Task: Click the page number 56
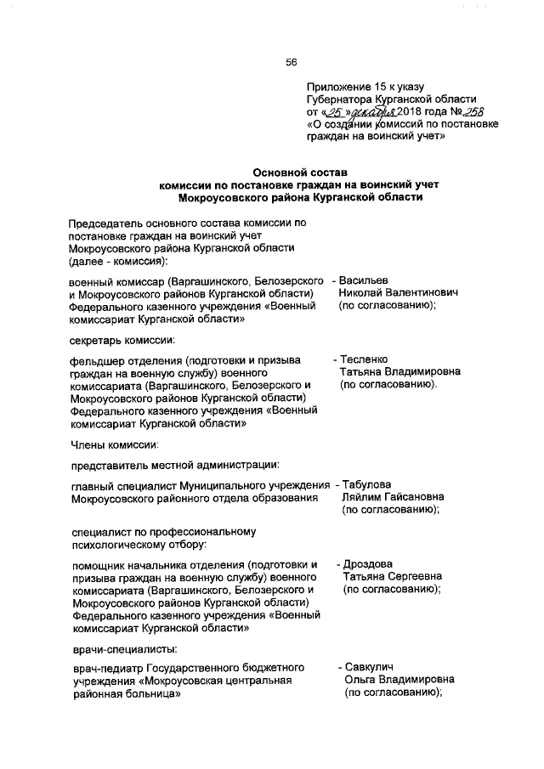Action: tap(291, 61)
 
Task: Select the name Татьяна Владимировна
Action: tap(400, 372)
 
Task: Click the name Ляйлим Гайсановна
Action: tap(395, 497)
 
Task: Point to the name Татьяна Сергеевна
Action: tap(393, 577)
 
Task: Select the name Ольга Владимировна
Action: tap(399, 680)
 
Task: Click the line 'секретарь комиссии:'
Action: tap(122, 341)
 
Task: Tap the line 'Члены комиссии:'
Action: tap(113, 442)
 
